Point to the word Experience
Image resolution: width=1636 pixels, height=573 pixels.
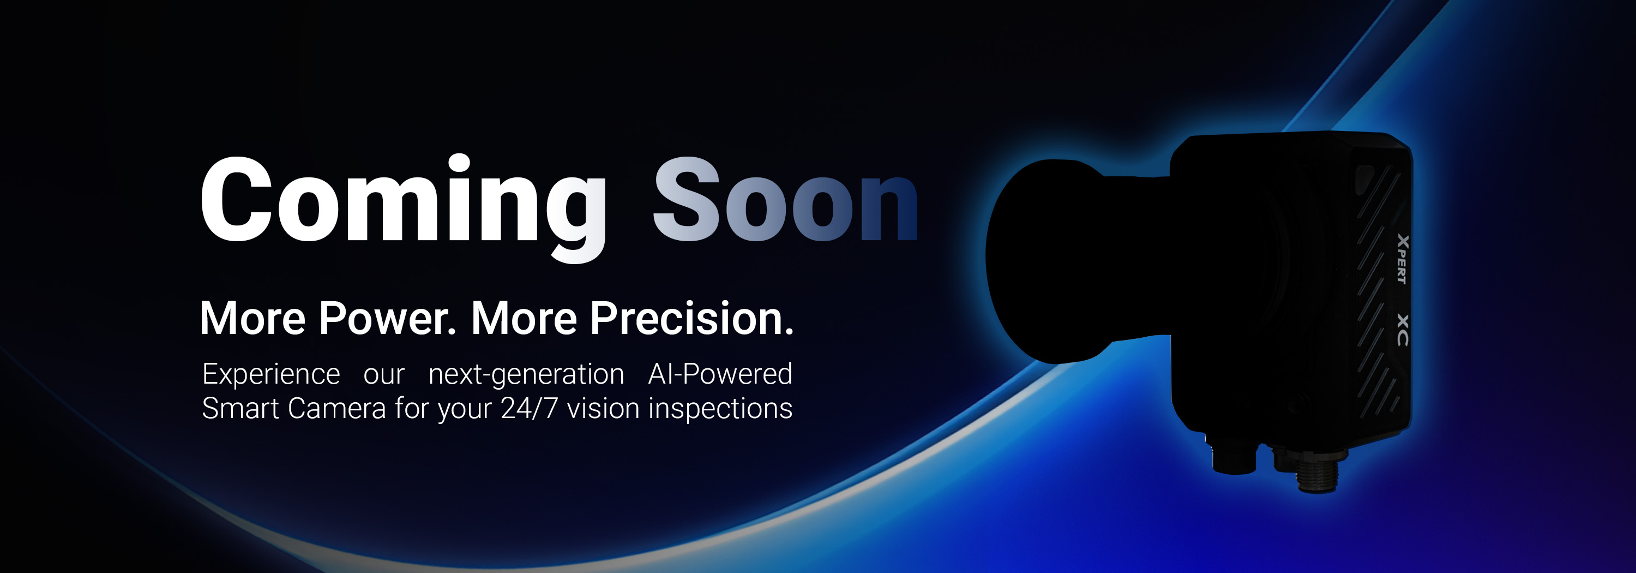(271, 375)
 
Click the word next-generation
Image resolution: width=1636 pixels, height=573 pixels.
(526, 375)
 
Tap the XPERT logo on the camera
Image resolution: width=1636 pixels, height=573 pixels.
(1402, 259)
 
